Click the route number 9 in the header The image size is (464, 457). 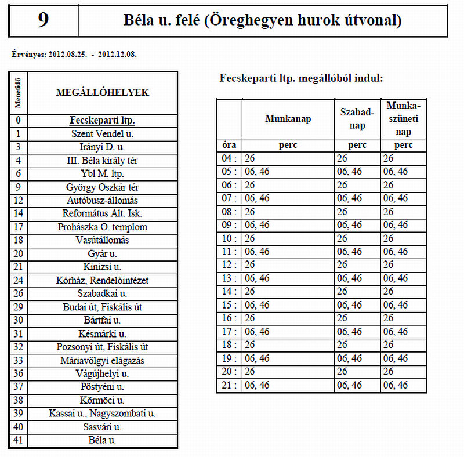click(x=43, y=21)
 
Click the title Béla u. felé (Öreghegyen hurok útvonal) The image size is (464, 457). click(x=262, y=21)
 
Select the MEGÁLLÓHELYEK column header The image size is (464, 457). click(x=102, y=92)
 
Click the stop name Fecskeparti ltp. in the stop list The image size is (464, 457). click(x=102, y=121)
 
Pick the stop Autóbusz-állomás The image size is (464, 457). click(x=102, y=201)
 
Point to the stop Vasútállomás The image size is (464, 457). click(x=102, y=240)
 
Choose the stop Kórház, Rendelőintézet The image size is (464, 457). click(x=102, y=280)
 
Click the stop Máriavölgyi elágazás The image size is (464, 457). click(x=102, y=360)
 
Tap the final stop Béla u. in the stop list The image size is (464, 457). click(x=102, y=440)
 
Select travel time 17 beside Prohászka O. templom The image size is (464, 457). click(x=19, y=227)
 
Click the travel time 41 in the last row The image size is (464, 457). click(x=19, y=440)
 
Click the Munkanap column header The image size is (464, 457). click(x=288, y=119)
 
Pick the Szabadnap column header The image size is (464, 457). click(x=357, y=119)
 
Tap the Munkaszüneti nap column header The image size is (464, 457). click(x=403, y=119)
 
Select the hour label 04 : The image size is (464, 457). click(x=229, y=158)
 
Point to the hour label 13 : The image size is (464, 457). click(x=229, y=278)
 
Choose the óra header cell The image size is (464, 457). click(x=229, y=145)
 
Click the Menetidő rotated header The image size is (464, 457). click(x=18, y=92)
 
